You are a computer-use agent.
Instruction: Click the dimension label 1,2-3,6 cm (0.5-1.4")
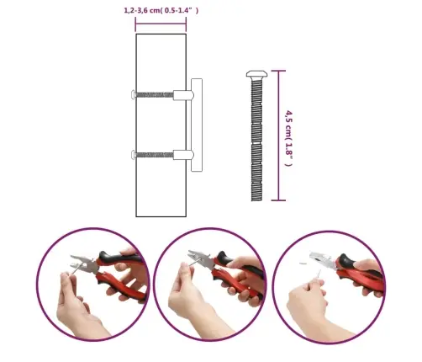(x=161, y=11)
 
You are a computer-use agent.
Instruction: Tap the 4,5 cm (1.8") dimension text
(x=289, y=138)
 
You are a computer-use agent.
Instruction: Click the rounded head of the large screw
(x=256, y=74)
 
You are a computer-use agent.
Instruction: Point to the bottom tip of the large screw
(x=256, y=200)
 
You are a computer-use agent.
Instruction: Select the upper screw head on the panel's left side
(x=133, y=94)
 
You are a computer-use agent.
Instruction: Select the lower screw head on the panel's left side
(x=133, y=155)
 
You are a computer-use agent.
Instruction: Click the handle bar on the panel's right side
(x=197, y=125)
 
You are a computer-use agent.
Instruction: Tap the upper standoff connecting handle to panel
(x=183, y=95)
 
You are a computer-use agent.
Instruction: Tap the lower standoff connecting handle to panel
(x=183, y=155)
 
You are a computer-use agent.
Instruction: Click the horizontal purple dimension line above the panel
(x=161, y=24)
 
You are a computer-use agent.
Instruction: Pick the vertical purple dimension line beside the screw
(x=278, y=136)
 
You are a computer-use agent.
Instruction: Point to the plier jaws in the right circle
(x=322, y=259)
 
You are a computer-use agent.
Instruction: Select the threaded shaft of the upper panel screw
(x=155, y=95)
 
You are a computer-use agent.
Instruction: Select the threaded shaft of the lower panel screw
(x=155, y=155)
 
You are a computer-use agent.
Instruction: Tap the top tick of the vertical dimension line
(x=278, y=71)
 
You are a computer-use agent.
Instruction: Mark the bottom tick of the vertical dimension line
(x=278, y=200)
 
